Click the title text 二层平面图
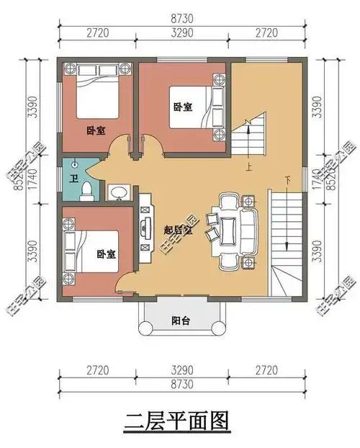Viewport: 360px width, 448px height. pos(179,419)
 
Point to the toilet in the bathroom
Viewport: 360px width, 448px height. pos(86,189)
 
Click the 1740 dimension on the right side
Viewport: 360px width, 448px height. pos(319,179)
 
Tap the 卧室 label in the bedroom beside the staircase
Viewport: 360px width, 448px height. pos(183,107)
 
